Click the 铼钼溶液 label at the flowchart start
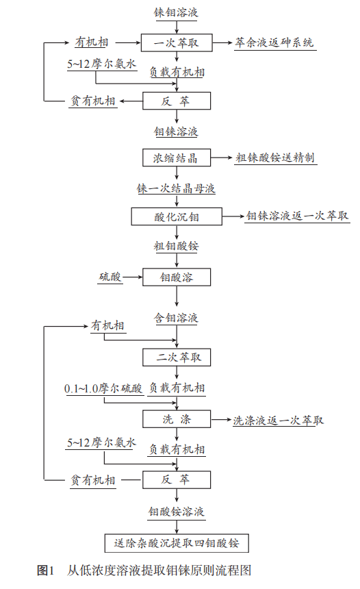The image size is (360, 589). coord(177,12)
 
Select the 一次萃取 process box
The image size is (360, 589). coord(177,42)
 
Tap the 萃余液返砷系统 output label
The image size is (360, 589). coord(274,42)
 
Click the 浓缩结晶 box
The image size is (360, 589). coord(177,158)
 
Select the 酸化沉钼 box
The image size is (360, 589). coord(177,217)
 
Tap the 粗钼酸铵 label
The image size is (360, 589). coord(177,246)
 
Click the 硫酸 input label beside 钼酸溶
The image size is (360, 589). coord(110,277)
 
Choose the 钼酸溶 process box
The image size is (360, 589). coord(177,277)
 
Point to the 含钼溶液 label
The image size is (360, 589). coord(177,318)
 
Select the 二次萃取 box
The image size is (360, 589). coord(177,358)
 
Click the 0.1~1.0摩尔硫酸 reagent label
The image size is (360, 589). coord(103,388)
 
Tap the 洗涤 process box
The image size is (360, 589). coord(177,419)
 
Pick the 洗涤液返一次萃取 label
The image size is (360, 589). coord(278,420)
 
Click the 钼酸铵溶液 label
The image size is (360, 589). coord(177,512)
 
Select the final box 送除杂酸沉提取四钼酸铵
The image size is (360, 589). coord(177,542)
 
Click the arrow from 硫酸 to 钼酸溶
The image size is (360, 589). coord(133,277)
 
